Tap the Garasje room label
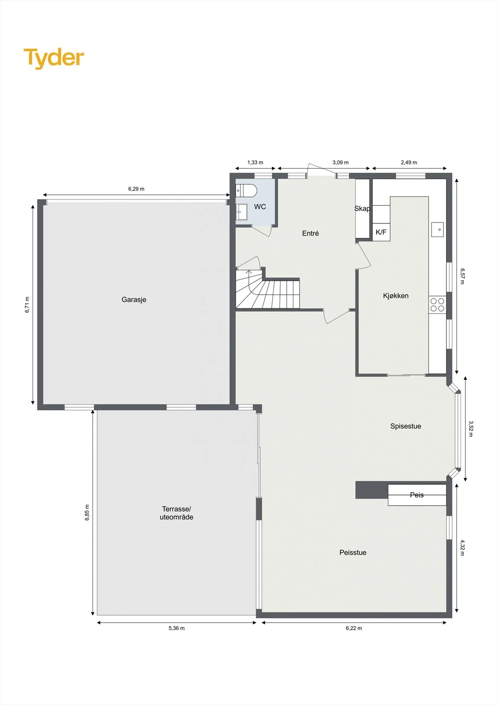pos(134,300)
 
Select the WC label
pos(260,207)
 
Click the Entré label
pos(310,233)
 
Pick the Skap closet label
pos(362,208)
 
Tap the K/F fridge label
pos(381,232)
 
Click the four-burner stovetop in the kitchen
pos(437,304)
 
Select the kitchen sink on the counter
pos(438,230)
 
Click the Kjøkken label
pos(396,296)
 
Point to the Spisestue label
pos(406,426)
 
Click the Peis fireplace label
pos(417,495)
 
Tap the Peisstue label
pos(353,553)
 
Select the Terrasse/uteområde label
pos(177,513)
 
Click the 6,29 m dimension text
pos(136,189)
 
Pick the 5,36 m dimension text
pos(177,628)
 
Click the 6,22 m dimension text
pos(354,628)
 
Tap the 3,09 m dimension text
pos(340,163)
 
